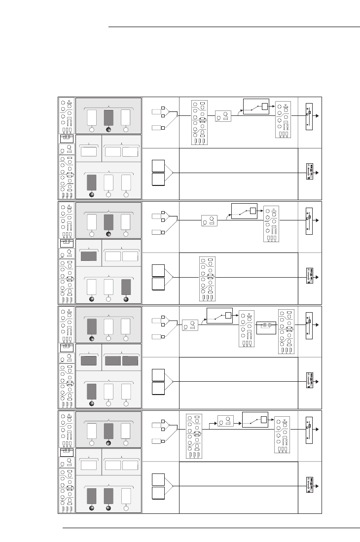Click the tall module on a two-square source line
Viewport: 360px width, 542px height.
point(207,277)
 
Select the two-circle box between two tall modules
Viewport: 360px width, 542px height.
point(266,327)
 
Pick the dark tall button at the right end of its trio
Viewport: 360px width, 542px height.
point(126,287)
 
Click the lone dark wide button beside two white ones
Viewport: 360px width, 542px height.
point(89,256)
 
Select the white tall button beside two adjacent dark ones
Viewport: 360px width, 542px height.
point(126,496)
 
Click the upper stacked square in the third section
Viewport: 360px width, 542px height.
point(158,375)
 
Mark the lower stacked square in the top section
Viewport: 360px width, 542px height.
point(158,180)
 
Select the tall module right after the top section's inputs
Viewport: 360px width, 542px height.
point(199,123)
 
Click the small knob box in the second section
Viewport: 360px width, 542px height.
point(209,220)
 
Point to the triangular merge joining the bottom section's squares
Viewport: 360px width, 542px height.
point(169,486)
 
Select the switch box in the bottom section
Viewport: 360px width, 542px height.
point(255,420)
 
